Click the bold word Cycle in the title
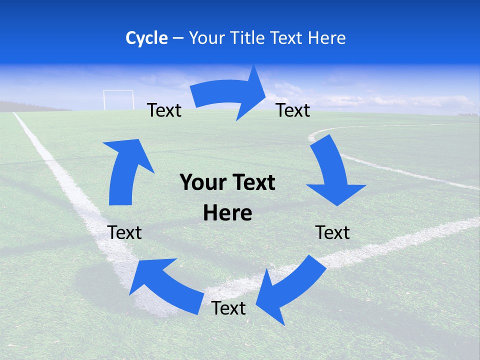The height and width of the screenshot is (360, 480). click(146, 38)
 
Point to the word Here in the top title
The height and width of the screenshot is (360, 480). click(325, 38)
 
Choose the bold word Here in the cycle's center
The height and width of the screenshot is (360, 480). click(227, 213)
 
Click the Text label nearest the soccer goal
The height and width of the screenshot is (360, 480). click(164, 110)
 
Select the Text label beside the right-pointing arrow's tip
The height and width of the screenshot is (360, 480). click(293, 110)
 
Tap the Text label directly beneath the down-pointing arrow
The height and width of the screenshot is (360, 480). click(332, 233)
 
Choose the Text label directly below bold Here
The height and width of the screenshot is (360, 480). click(228, 308)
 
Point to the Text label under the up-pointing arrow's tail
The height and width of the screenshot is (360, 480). click(124, 233)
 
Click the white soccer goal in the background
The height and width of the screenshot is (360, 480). click(118, 99)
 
